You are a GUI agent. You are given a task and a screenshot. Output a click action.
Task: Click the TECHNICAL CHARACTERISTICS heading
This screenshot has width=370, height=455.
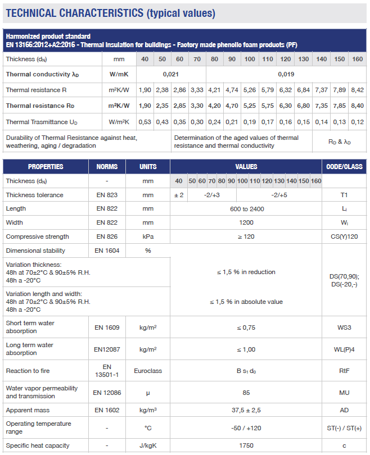(110, 13)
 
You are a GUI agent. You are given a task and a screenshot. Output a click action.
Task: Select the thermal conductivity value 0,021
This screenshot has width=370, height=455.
(171, 74)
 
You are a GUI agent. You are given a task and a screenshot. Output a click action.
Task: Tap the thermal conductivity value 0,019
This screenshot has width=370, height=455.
(286, 74)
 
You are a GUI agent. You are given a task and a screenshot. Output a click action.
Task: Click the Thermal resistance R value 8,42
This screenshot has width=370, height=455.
(357, 90)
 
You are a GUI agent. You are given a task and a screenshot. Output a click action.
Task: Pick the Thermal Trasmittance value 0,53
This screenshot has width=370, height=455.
(145, 122)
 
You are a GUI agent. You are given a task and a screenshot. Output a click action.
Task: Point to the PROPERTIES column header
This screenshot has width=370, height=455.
(46, 166)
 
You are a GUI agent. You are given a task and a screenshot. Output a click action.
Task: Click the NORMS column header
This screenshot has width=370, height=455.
(107, 166)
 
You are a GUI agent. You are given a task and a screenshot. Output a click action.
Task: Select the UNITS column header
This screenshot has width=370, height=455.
(148, 166)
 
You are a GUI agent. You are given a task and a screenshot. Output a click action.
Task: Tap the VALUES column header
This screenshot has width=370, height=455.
(246, 166)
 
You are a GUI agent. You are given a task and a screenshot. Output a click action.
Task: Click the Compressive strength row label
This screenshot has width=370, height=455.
(37, 236)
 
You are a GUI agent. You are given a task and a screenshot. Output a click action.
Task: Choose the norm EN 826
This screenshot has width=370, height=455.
(107, 236)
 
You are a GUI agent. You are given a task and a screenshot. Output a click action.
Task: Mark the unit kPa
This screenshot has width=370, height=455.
(148, 236)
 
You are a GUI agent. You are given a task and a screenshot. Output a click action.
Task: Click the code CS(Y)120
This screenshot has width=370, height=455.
(345, 236)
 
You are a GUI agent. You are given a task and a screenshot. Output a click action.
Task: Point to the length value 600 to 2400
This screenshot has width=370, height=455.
(246, 209)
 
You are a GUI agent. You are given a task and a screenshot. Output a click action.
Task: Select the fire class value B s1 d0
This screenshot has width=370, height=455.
(246, 371)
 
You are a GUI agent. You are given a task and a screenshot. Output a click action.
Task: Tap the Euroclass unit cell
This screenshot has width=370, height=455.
(148, 371)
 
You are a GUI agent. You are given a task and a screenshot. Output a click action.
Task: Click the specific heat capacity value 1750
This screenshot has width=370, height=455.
(246, 445)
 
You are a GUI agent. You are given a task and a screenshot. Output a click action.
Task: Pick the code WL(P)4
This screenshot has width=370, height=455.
(345, 349)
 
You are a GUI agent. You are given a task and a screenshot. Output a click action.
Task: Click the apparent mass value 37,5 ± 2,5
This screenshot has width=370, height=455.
(246, 410)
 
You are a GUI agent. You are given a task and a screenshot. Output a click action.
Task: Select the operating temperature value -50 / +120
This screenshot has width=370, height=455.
(246, 428)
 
